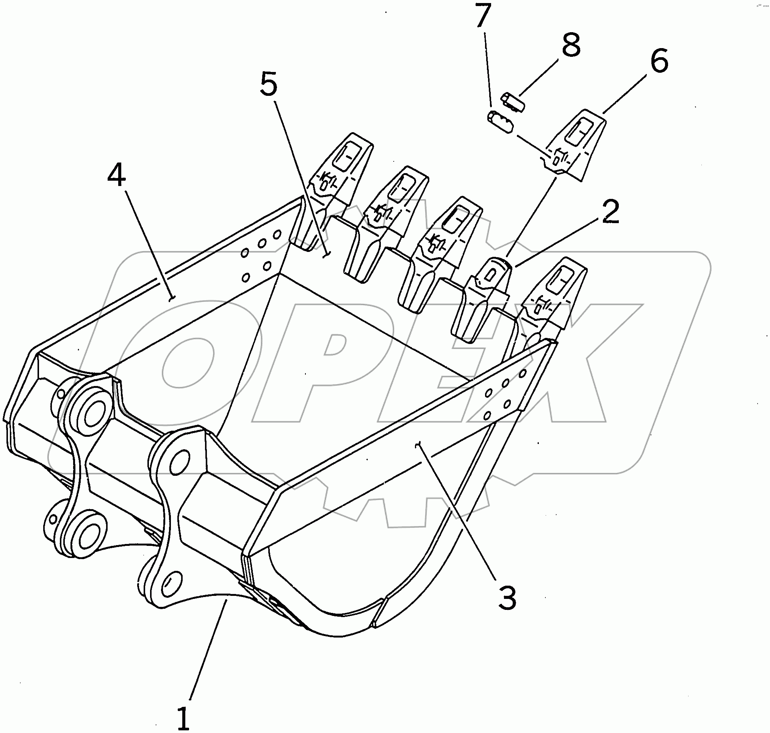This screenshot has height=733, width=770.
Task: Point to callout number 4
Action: tap(116, 175)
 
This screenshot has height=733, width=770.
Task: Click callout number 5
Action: tap(269, 84)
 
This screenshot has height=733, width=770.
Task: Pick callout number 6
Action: tap(659, 61)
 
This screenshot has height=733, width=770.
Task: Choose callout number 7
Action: tap(483, 16)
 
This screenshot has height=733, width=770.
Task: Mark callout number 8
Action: tap(571, 45)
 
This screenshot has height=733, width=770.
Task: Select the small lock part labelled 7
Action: tap(500, 122)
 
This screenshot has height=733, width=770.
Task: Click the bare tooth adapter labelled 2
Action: tap(488, 289)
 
